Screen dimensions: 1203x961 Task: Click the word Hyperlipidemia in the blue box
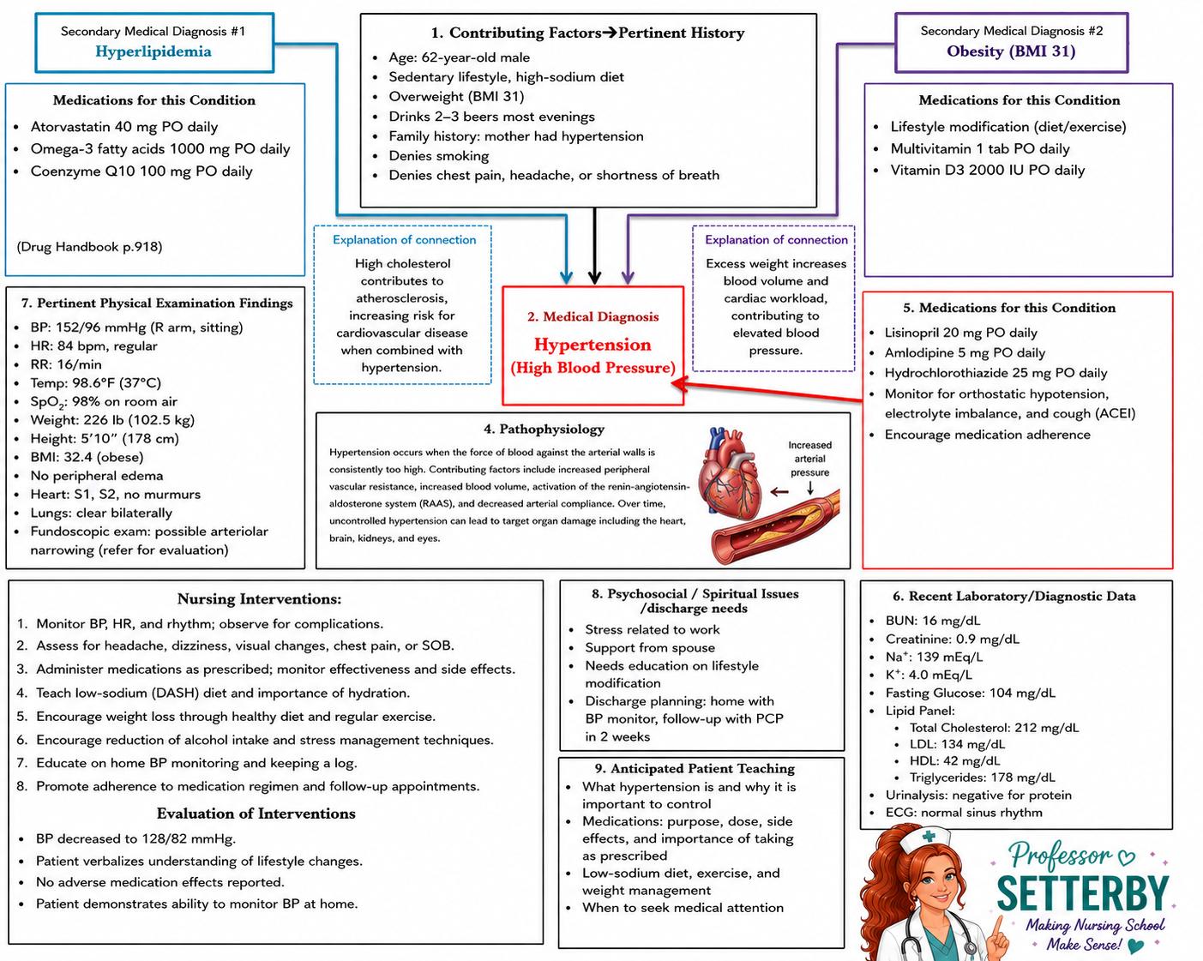[153, 51]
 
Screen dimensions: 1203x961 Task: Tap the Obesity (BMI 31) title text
[1011, 51]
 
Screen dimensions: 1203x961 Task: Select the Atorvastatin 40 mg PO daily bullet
[124, 127]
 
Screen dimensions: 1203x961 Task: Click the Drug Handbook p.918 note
[89, 247]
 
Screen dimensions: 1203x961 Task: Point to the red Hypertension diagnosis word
[592, 345]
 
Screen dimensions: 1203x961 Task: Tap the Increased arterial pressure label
[809, 459]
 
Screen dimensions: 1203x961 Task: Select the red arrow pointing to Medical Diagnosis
[767, 391]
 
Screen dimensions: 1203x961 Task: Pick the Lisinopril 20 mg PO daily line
[960, 333]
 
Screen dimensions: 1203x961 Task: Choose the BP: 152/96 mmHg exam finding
[136, 327]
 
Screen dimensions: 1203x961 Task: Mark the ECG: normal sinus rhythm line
[964, 813]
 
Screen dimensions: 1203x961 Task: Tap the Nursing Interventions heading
[260, 598]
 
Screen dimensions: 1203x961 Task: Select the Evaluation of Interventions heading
[256, 814]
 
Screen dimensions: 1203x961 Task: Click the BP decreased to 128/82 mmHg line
[135, 838]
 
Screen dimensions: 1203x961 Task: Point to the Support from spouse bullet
[650, 647]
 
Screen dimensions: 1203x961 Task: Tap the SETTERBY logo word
[1083, 893]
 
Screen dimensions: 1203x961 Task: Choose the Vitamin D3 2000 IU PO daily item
[987, 171]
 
